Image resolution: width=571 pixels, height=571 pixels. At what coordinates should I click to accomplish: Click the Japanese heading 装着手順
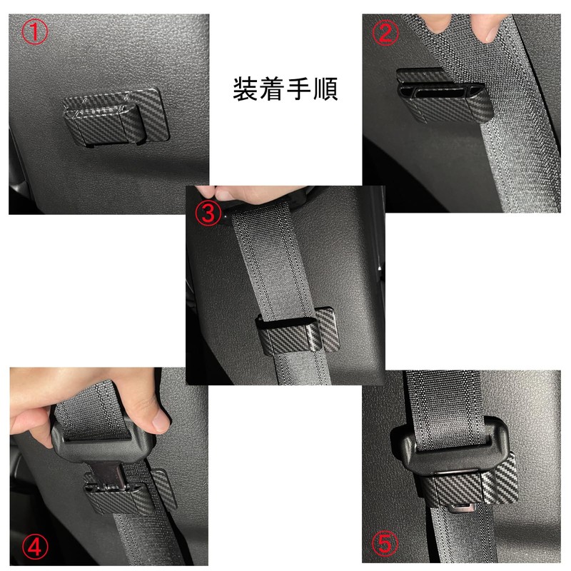pyautogui.click(x=285, y=89)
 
